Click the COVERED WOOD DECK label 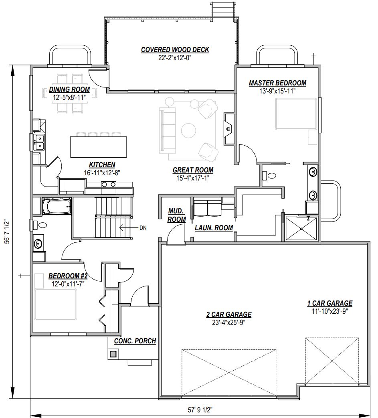[175, 50]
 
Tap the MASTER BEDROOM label [277, 83]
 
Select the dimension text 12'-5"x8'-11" [69, 97]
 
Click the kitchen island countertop [98, 146]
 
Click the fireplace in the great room [229, 129]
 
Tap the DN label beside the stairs [143, 228]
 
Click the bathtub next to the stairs [57, 206]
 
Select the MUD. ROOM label [177, 215]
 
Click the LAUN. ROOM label [214, 228]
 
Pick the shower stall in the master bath [301, 229]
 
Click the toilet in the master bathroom [269, 175]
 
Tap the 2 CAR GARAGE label [229, 315]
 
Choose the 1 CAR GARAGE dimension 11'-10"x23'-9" [330, 311]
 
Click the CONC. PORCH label [135, 341]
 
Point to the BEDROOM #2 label [68, 276]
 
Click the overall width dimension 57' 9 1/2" [200, 410]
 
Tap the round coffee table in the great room [189, 130]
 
